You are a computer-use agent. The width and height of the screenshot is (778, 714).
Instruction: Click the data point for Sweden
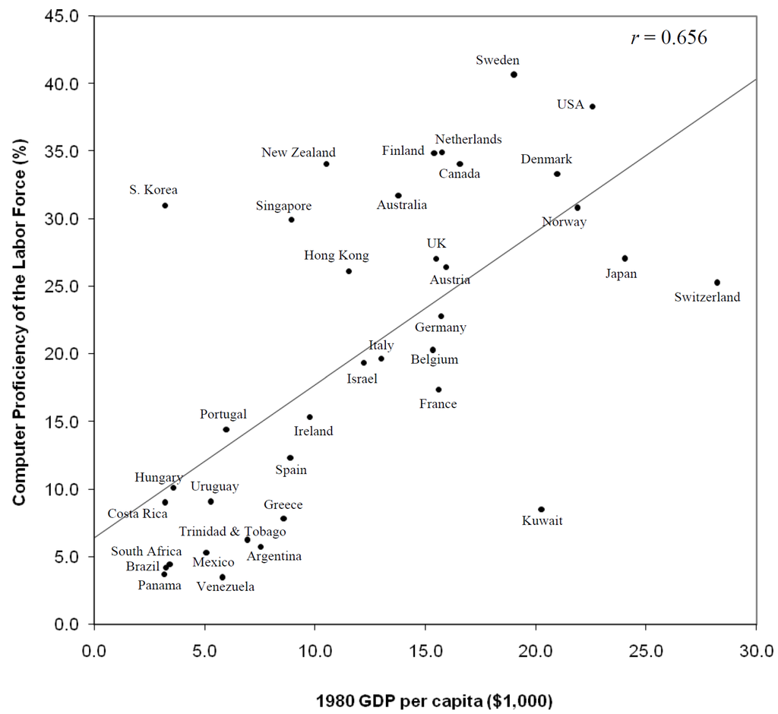click(x=514, y=74)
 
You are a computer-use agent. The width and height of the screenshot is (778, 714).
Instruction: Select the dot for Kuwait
click(x=541, y=510)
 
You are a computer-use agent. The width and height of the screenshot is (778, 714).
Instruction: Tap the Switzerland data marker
click(x=716, y=283)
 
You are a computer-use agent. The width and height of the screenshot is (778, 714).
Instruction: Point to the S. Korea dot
click(x=165, y=206)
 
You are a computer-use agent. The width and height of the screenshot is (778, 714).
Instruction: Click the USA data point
click(x=592, y=106)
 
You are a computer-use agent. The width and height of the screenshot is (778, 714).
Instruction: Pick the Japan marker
click(x=625, y=258)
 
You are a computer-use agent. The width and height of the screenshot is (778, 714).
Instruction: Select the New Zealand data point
click(x=326, y=164)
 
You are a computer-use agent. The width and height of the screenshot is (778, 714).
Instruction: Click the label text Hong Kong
click(x=337, y=256)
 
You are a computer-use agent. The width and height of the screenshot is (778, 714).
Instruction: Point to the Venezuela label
click(x=226, y=586)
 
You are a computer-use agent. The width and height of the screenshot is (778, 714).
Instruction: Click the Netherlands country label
click(x=468, y=139)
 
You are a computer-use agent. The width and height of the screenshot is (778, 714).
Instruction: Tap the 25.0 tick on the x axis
click(x=646, y=651)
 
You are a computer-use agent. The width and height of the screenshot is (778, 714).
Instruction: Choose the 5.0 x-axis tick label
click(x=204, y=651)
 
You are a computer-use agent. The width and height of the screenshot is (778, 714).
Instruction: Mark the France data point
click(x=438, y=390)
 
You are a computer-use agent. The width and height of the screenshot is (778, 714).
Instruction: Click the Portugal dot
click(x=226, y=430)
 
